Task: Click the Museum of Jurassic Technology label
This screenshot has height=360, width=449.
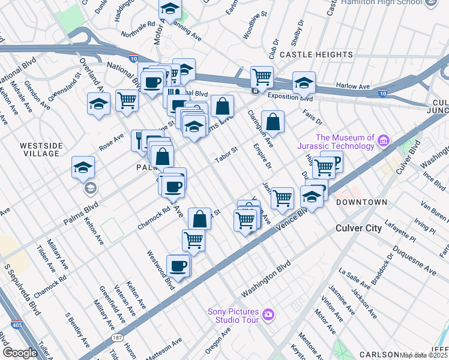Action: click(x=336, y=142)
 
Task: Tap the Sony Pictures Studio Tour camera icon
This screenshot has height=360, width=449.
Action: click(x=268, y=314)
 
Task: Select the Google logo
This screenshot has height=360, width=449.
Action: click(x=20, y=353)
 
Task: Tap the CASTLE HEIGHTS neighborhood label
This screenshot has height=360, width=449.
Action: click(x=316, y=55)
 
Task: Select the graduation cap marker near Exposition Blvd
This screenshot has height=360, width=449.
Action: click(x=304, y=83)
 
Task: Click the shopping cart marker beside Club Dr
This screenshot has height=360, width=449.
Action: click(x=262, y=77)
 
